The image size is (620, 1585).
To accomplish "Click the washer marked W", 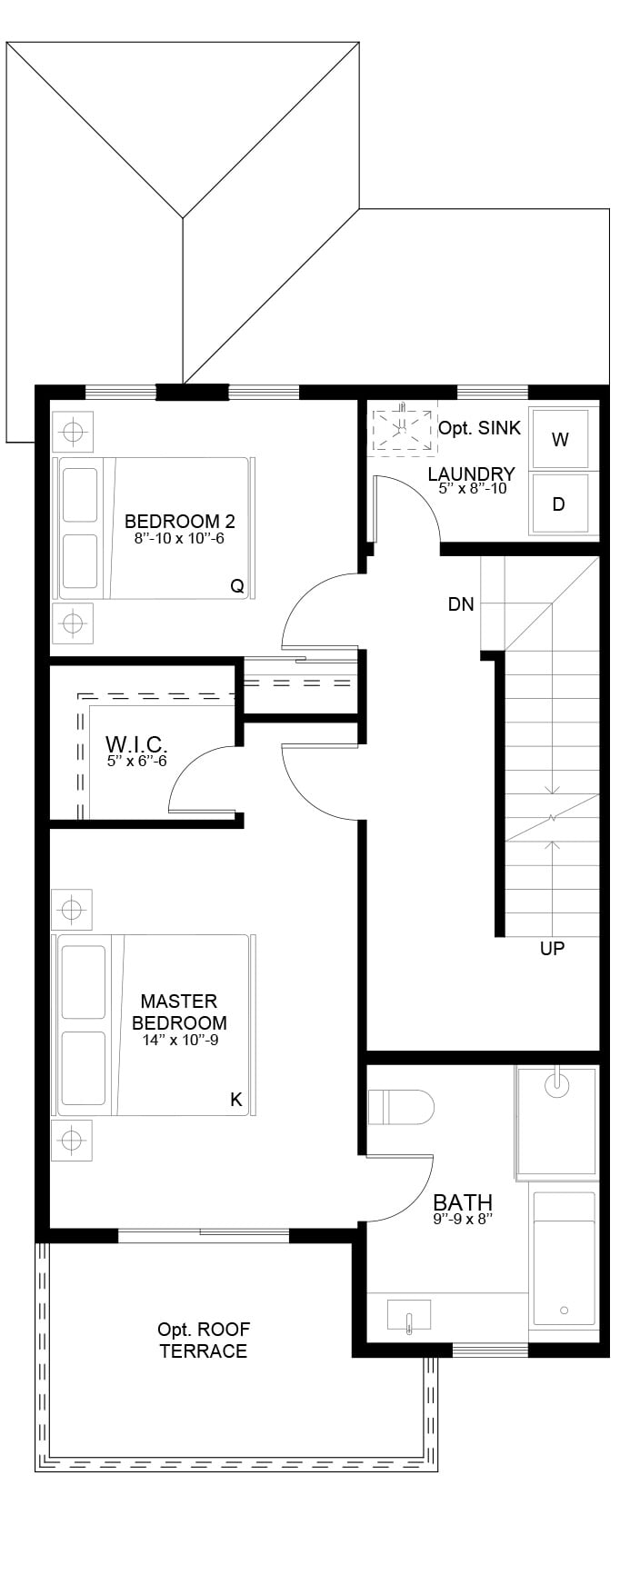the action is pyautogui.click(x=560, y=439).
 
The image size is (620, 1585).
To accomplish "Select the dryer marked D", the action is pyautogui.click(x=560, y=503).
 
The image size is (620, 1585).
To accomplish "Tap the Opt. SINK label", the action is pyautogui.click(x=480, y=427).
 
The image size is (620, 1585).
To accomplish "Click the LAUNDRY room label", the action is pyautogui.click(x=472, y=474).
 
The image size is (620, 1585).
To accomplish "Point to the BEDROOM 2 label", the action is pyautogui.click(x=180, y=521).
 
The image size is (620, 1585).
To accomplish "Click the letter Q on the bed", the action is pyautogui.click(x=237, y=586).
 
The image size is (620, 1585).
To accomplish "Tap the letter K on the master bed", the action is pyautogui.click(x=236, y=1100).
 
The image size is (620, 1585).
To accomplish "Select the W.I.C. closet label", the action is pyautogui.click(x=136, y=743).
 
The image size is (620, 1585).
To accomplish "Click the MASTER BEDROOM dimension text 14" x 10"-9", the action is pyautogui.click(x=180, y=1040).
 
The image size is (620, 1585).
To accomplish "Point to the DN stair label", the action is pyautogui.click(x=461, y=603).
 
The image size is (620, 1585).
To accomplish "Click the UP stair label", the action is pyautogui.click(x=552, y=948).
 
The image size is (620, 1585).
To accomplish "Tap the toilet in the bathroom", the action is pyautogui.click(x=401, y=1107).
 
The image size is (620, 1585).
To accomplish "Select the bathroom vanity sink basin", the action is pyautogui.click(x=409, y=1315).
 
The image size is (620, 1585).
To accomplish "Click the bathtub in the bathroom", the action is pyautogui.click(x=565, y=1259).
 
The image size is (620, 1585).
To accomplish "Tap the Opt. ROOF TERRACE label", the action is pyautogui.click(x=203, y=1340).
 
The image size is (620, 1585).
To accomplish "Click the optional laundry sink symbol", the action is pyautogui.click(x=401, y=429).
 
